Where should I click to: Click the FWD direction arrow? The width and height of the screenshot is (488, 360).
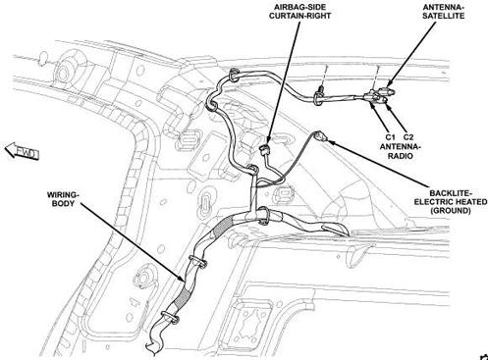click(x=22, y=151)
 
